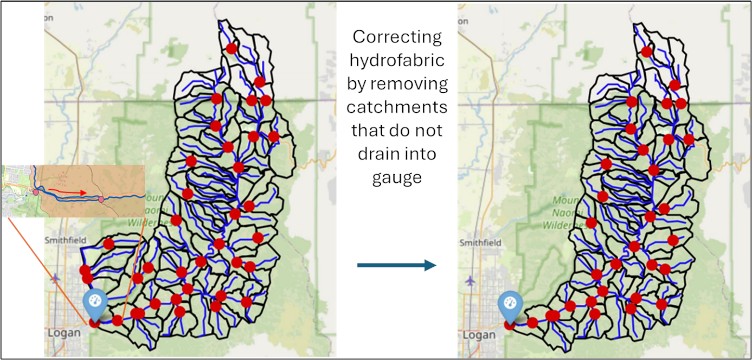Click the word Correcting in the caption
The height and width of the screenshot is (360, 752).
pos(397,37)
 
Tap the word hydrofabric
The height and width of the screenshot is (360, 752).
pos(397,61)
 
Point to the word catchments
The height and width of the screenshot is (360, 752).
pos(397,107)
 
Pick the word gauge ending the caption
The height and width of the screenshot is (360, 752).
pos(397,178)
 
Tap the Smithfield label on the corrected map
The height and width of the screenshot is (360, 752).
pos(480,243)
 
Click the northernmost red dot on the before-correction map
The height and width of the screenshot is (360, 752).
pos(232,48)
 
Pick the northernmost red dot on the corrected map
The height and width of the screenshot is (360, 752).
pos(646,52)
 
